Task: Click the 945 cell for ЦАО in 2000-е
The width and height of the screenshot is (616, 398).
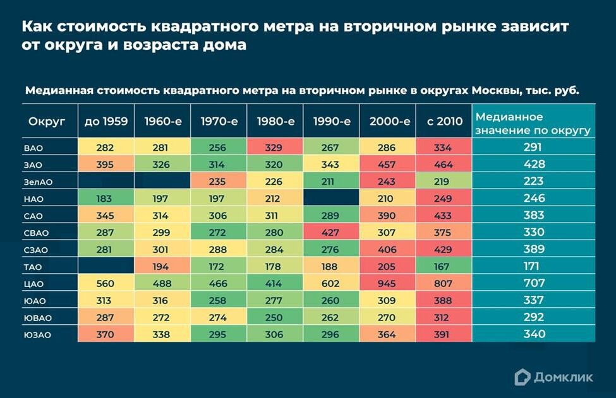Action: tap(387, 284)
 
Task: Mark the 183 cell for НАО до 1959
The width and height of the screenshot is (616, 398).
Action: tap(105, 199)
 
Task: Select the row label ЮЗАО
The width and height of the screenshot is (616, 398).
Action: tap(38, 335)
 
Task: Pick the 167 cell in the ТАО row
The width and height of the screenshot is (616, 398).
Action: tap(443, 267)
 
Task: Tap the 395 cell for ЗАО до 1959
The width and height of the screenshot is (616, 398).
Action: tap(105, 165)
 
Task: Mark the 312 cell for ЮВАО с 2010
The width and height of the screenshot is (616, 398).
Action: tap(443, 318)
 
